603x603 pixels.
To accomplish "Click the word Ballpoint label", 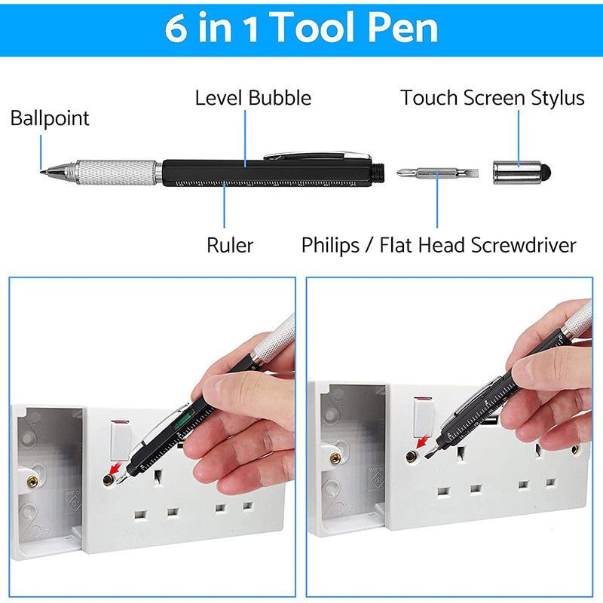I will [x=50, y=118].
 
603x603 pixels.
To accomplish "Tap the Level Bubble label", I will [x=253, y=98].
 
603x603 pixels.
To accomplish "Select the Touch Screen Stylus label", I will [x=492, y=98].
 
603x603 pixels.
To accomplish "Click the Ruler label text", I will [x=230, y=245].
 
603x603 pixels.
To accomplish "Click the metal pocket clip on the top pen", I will [x=317, y=155].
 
